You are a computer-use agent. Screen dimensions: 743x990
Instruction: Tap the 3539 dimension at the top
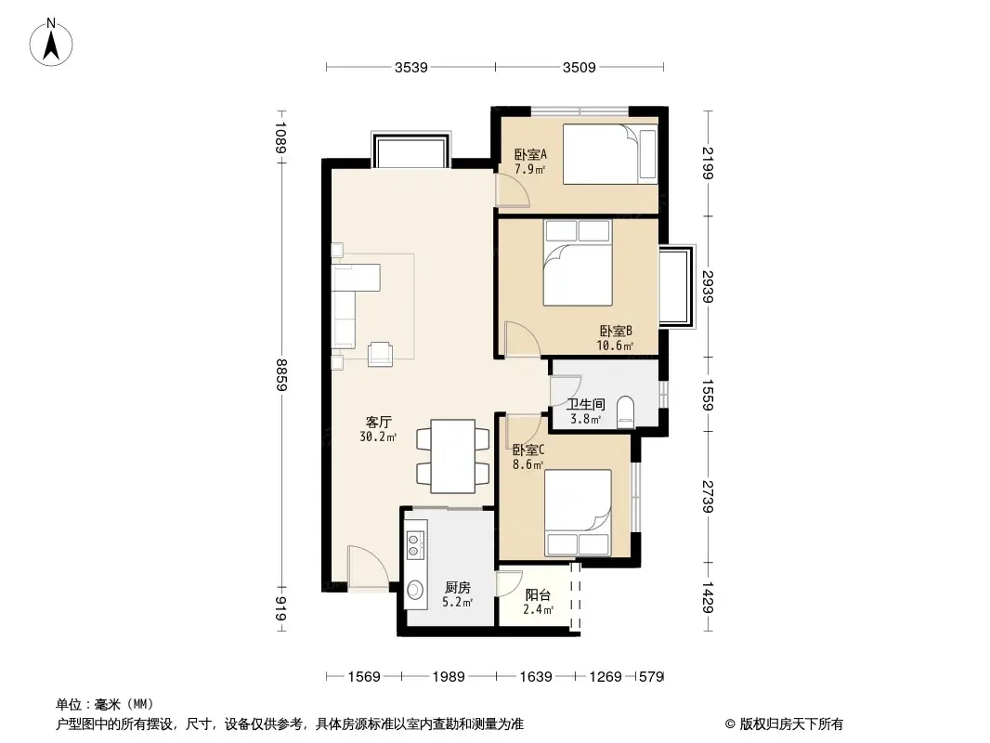click(x=410, y=67)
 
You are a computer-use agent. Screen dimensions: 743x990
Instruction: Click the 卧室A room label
click(x=530, y=155)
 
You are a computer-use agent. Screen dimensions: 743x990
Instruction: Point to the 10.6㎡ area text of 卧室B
click(x=615, y=346)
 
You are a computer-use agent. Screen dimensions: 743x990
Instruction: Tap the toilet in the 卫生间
click(x=626, y=411)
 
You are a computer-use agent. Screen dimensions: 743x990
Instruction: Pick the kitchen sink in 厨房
click(x=415, y=589)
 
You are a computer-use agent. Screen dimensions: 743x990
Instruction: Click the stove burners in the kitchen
click(x=415, y=542)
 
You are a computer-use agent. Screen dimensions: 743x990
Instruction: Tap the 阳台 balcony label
click(x=538, y=595)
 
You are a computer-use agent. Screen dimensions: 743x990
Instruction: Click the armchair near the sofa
click(x=381, y=353)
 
